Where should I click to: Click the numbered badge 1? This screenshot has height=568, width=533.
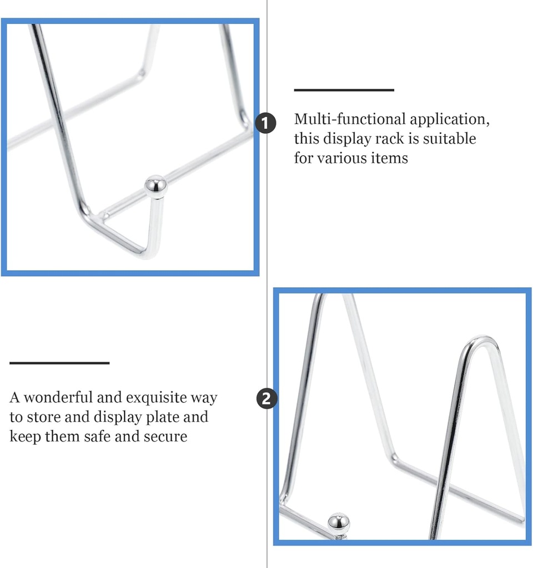266,123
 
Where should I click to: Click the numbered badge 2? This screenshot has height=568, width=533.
266,398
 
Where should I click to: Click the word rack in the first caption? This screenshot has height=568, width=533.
402,139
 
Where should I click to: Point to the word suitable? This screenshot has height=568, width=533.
449,139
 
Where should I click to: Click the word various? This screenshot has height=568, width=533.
342,158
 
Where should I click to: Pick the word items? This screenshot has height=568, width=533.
389,158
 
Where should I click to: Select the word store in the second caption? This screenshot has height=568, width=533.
48,417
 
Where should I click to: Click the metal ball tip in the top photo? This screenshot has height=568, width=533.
155,186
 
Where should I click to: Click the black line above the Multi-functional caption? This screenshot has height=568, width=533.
344,90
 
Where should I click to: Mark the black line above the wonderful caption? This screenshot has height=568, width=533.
59,363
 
